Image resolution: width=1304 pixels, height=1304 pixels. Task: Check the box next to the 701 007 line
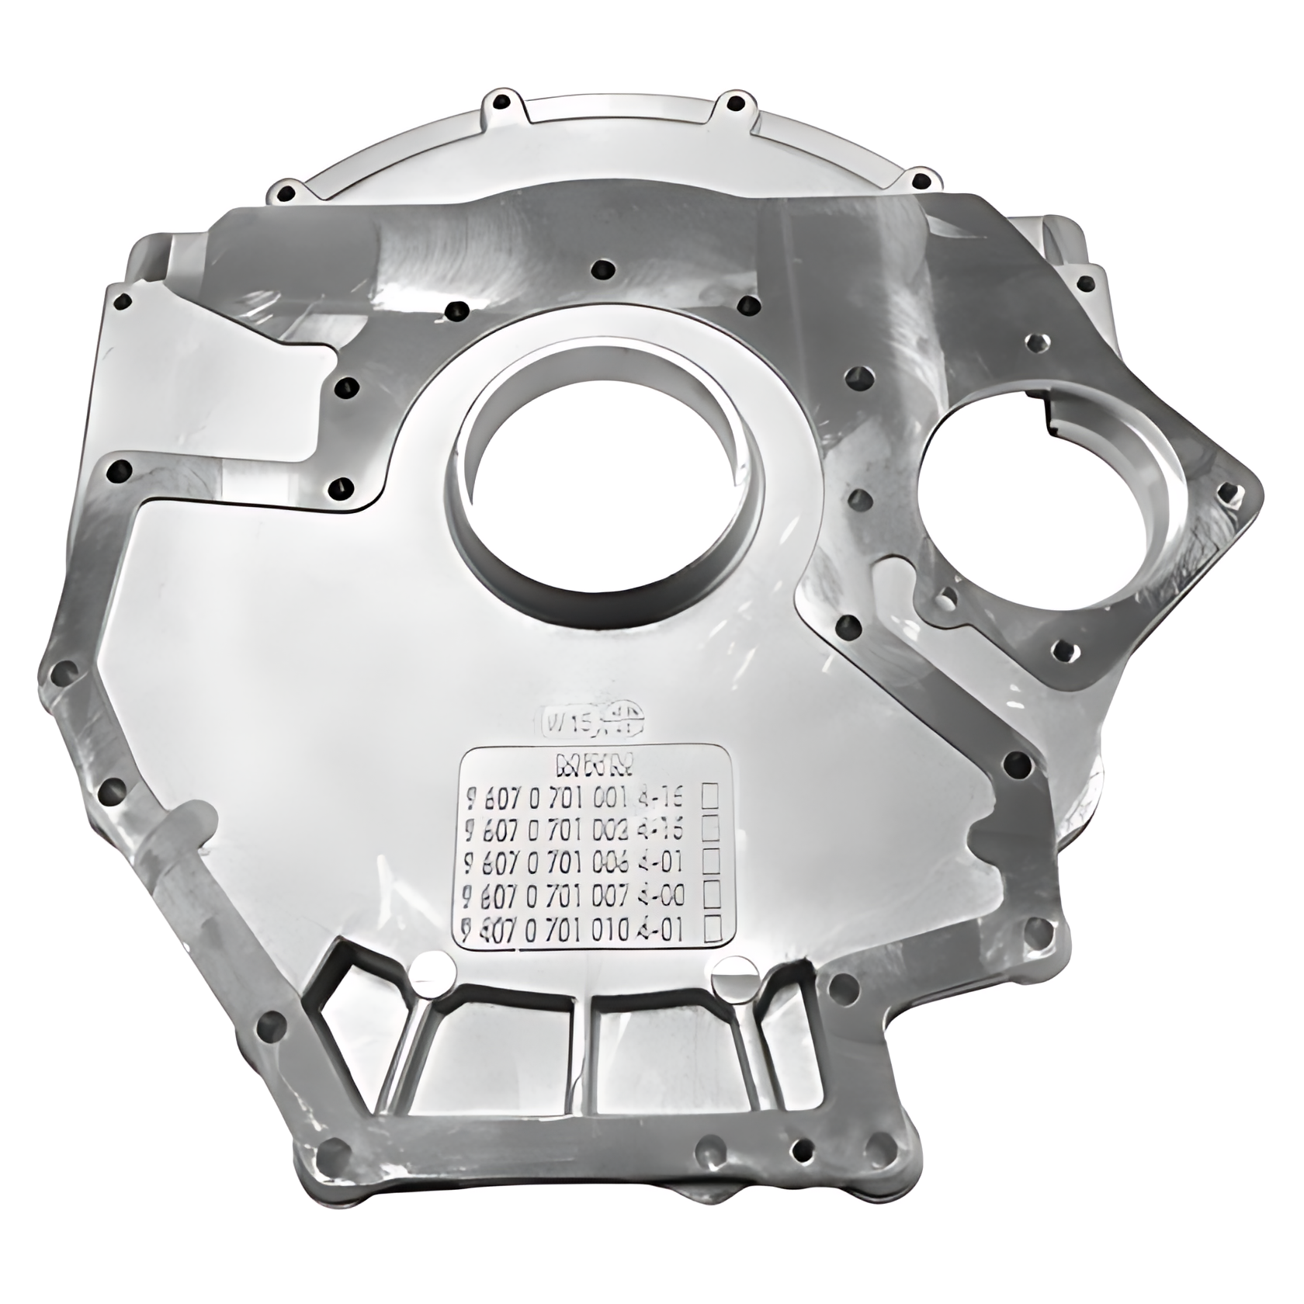tap(710, 895)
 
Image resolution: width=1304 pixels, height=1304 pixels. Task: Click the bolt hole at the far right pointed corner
tap(1226, 491)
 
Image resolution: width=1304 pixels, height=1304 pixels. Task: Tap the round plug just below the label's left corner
tap(433, 971)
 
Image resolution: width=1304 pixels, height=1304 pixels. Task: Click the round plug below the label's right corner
tap(731, 973)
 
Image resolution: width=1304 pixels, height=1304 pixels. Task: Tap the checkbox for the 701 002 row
tap(710, 830)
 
